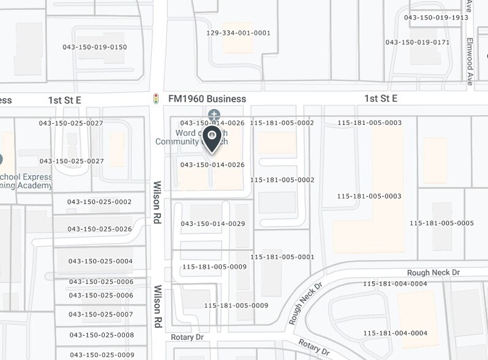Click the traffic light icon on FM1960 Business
click(156, 99)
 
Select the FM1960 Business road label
click(207, 99)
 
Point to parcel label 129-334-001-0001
click(238, 33)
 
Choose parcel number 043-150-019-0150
click(95, 47)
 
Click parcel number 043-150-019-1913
click(436, 18)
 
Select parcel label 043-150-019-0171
click(417, 42)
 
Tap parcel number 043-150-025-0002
click(100, 202)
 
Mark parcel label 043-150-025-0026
click(100, 229)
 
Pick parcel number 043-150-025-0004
click(100, 261)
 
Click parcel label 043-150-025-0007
click(101, 315)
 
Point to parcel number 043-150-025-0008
click(102, 336)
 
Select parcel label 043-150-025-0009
click(102, 355)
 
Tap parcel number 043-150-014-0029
click(213, 224)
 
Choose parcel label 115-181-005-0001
click(282, 257)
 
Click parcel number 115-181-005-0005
click(441, 223)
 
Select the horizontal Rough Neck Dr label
click(433, 272)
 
